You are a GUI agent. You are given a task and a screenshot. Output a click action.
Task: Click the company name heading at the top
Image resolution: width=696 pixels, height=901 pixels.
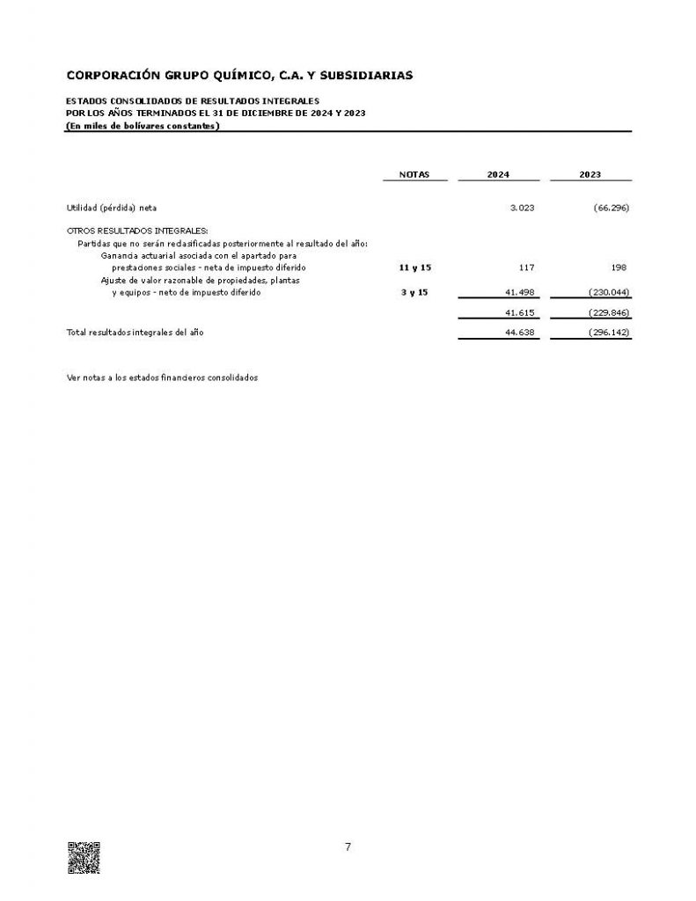[x=239, y=76]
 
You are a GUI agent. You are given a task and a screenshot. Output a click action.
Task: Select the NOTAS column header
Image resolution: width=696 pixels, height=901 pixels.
[x=414, y=175]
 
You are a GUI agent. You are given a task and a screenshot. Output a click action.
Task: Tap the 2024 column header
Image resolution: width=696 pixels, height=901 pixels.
[x=498, y=175]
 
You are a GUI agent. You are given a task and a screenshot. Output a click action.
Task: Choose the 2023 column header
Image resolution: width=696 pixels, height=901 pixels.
[x=590, y=175]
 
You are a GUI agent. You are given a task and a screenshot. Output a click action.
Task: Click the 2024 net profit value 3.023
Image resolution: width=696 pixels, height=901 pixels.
[x=522, y=209]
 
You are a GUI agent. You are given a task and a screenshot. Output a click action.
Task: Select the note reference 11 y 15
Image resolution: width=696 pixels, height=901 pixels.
[x=414, y=267]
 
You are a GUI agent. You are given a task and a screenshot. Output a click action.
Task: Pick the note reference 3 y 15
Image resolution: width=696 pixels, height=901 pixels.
[x=414, y=292]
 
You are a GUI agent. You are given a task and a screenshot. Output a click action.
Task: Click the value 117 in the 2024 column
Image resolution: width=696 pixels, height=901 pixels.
[x=527, y=267]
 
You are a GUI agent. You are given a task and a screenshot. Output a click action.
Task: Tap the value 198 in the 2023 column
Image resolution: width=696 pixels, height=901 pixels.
[x=619, y=267]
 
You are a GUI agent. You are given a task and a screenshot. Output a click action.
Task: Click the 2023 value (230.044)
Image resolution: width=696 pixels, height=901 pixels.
[x=606, y=292]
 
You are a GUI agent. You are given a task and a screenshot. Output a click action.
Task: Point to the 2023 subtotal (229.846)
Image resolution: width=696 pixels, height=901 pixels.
[x=606, y=312]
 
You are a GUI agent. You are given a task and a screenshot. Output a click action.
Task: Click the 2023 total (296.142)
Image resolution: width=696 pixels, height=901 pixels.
[x=606, y=333]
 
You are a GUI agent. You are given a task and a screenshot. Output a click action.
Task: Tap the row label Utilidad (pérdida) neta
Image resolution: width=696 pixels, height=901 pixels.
[x=112, y=209]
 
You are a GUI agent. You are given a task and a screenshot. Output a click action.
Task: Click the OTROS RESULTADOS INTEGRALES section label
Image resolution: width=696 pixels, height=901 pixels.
[x=137, y=231]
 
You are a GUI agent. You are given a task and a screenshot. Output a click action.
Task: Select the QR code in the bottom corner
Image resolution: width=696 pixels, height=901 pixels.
[x=84, y=858]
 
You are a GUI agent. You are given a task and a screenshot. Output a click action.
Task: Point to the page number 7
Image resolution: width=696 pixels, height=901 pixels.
[x=348, y=847]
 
